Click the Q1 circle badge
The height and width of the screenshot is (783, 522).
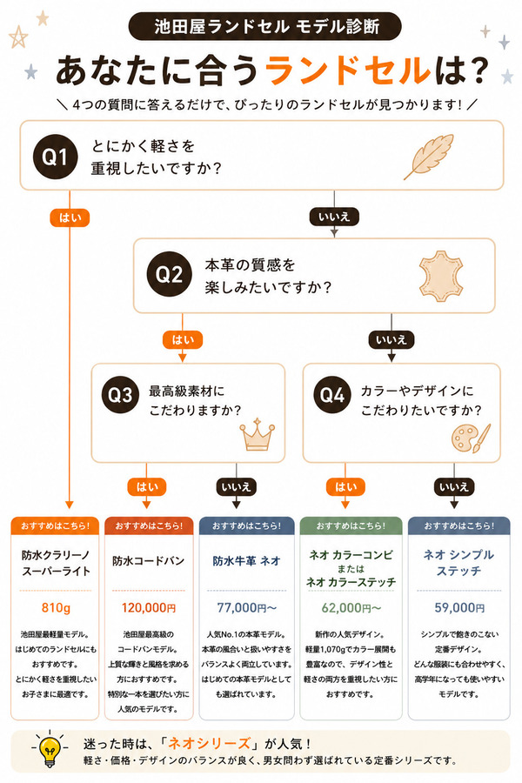point(56,157)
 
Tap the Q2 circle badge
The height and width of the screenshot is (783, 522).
point(169,274)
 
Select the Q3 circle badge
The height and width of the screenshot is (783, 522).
point(120,394)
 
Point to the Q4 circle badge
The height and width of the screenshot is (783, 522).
point(332,394)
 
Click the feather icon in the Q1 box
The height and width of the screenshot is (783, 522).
point(429,156)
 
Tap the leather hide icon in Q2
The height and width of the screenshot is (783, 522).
point(440,276)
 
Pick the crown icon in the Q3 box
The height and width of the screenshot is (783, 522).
point(257,434)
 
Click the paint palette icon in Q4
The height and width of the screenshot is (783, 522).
point(471,438)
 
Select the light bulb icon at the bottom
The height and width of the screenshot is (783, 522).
point(49,747)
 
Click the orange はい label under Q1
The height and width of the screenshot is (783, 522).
point(70,217)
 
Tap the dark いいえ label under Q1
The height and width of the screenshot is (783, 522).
point(334,217)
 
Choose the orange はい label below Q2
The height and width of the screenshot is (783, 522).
point(183,340)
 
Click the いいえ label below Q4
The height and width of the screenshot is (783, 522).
point(453,487)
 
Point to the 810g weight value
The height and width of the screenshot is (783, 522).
point(56,608)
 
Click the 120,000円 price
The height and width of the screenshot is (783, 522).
point(149,608)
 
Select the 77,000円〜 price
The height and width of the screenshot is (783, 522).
point(247,608)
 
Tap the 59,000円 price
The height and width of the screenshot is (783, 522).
point(459,608)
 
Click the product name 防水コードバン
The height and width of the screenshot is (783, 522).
point(149,561)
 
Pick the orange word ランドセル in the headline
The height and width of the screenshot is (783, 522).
point(348,70)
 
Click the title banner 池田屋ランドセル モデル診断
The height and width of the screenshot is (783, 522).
point(264,26)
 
